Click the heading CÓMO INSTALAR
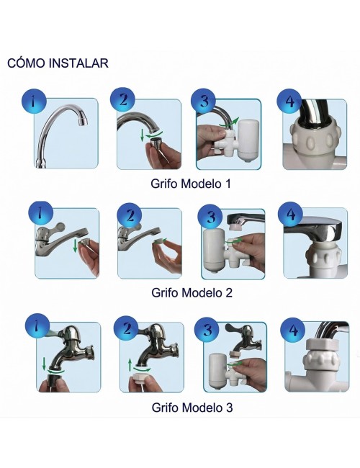click(x=58, y=63)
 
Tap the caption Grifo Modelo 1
click(x=192, y=184)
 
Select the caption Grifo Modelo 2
click(x=192, y=293)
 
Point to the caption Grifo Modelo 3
click(x=192, y=408)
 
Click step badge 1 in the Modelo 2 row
click(x=40, y=214)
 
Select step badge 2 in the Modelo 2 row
click(x=130, y=215)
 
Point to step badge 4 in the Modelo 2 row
click(x=291, y=214)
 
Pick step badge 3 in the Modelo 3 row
click(x=209, y=330)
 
